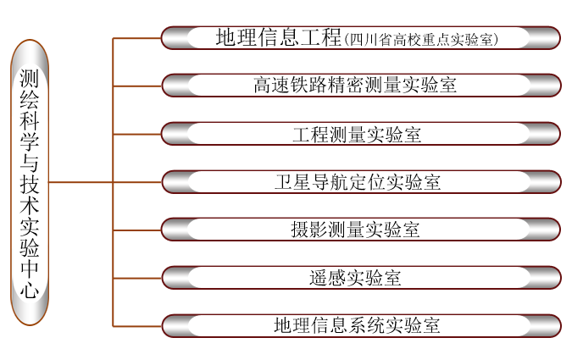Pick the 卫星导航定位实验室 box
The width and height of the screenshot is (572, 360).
[360, 182]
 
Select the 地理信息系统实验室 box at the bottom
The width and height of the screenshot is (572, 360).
[360, 325]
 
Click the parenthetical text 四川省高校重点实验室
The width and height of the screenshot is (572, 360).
[422, 39]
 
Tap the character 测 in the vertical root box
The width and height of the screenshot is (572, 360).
[29, 80]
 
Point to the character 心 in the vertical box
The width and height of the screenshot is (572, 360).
[29, 291]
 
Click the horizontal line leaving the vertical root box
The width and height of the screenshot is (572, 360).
[81, 182]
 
